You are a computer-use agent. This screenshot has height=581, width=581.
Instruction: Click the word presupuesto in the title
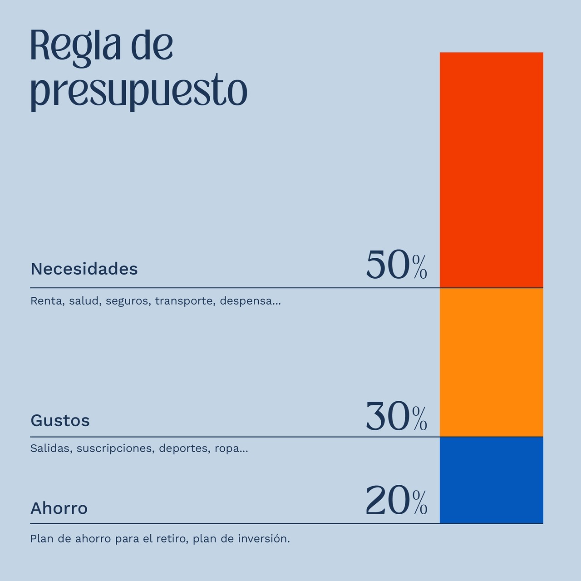click(x=138, y=92)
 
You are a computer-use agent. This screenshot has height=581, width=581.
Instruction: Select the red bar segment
click(x=491, y=170)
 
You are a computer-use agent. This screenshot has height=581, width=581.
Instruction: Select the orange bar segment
click(x=491, y=362)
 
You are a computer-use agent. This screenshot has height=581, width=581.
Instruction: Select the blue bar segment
click(x=491, y=480)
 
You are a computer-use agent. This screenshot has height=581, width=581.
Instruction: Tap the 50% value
click(x=396, y=265)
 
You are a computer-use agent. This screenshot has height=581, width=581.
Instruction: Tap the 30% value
click(x=396, y=417)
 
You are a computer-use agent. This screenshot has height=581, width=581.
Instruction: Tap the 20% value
click(x=396, y=501)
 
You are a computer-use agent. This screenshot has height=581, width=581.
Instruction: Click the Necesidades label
click(x=84, y=269)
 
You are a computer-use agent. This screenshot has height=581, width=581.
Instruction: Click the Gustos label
click(x=60, y=420)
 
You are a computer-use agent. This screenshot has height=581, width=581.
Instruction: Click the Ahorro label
click(x=59, y=508)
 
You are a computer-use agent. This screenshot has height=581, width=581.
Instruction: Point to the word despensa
click(x=248, y=301)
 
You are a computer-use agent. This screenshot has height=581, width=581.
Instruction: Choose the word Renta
click(x=46, y=301)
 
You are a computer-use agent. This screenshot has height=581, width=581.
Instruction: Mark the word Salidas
click(x=49, y=448)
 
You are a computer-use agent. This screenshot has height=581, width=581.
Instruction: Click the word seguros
click(x=128, y=301)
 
